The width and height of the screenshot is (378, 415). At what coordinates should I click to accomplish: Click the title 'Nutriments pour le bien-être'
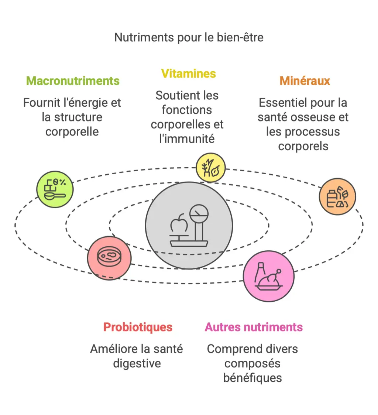point(189,37)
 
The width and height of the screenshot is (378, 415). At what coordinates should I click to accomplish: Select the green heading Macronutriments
point(73,81)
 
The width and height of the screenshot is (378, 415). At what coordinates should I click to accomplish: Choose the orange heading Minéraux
point(305,81)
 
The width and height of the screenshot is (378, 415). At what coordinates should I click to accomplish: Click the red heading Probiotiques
point(138,327)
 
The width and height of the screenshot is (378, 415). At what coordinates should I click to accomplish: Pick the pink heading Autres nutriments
point(254,327)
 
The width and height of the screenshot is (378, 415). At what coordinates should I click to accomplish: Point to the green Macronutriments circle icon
point(55,189)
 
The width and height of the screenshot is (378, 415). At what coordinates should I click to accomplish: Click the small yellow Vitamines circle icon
point(210,168)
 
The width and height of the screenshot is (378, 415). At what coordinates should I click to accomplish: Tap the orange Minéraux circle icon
point(337,196)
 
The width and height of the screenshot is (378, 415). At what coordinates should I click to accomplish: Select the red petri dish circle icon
point(109,258)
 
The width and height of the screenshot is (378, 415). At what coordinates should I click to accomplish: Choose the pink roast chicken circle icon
point(268,276)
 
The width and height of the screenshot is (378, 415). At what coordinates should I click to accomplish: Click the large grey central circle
point(189,225)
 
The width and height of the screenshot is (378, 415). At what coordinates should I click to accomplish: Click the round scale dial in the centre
point(199,213)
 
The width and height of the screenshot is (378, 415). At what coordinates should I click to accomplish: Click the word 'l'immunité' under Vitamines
point(187,139)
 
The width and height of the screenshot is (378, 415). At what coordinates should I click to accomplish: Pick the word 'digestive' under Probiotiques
point(137,363)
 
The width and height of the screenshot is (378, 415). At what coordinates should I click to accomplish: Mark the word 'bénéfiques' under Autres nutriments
point(252,378)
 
